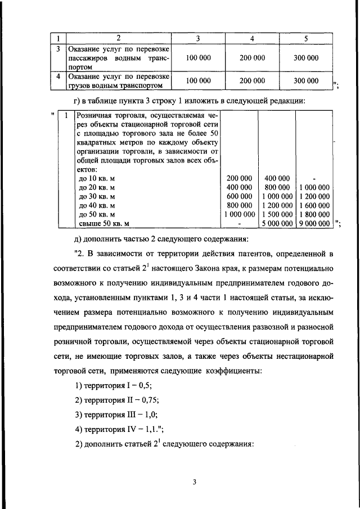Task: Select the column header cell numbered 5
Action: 305,38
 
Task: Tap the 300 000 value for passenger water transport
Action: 305,58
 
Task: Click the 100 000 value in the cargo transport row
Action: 198,80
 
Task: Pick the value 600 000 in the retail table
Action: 239,196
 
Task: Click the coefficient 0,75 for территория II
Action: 149,399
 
